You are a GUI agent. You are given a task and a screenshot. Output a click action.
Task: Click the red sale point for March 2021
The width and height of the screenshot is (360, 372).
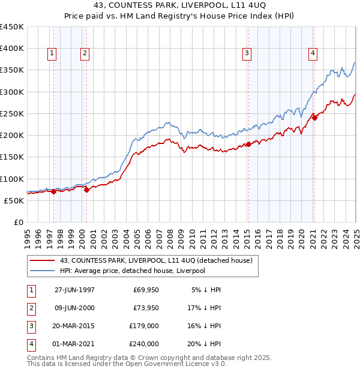click(314, 118)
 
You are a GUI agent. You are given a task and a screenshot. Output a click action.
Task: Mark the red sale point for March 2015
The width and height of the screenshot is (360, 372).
click(248, 144)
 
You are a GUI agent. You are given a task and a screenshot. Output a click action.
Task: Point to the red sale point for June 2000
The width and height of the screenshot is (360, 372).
click(86, 190)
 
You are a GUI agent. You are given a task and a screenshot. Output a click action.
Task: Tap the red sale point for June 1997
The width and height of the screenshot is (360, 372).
click(54, 191)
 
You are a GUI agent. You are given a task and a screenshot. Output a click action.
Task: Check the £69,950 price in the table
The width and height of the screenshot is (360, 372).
click(146, 290)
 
